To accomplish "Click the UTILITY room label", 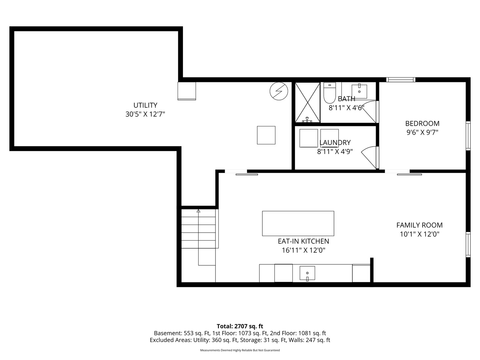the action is point(145,105).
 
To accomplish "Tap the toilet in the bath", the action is point(329,93).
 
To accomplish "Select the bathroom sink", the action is point(359,92).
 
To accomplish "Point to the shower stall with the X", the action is point(307,102).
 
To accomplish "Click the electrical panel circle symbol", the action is point(279,91).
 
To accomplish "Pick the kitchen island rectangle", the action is point(298,223).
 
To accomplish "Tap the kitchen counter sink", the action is point(307,273).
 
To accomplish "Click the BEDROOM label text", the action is point(422,123).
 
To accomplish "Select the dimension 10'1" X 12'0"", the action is point(419,234).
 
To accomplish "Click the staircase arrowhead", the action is point(198,211).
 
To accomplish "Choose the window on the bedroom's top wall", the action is point(401,80).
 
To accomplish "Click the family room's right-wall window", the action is point(468,245).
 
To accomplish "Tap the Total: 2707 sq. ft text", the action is point(240,326).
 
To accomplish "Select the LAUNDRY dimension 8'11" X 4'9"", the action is point(335,151).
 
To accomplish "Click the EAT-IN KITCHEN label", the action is point(303,241).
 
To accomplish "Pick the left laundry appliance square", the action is point(309,138).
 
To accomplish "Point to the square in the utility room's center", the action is point(266,135).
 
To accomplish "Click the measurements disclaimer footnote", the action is point(240,350).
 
